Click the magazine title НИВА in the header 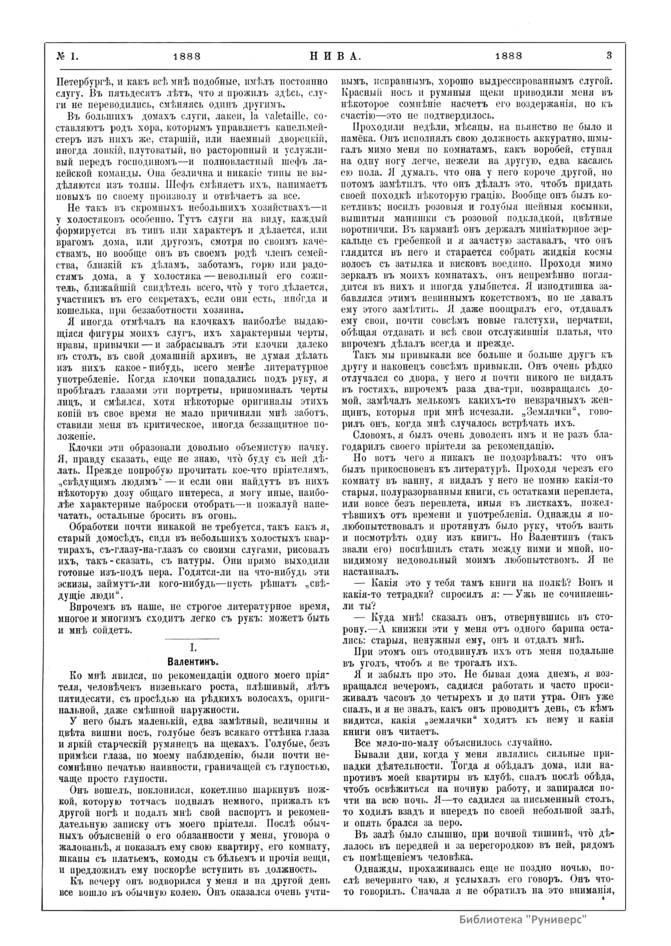pos(335,56)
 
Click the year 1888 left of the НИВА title pos(187,56)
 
